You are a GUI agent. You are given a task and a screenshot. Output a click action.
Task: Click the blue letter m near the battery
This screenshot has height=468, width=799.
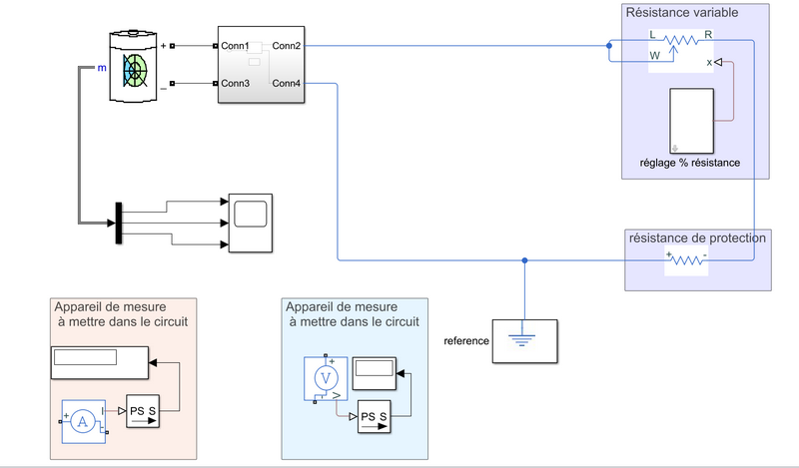101,69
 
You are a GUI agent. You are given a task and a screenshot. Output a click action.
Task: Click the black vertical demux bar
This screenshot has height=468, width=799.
118,222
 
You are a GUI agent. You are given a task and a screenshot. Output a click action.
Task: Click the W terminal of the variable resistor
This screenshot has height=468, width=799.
655,57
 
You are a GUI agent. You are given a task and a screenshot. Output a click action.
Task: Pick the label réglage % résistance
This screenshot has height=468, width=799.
690,163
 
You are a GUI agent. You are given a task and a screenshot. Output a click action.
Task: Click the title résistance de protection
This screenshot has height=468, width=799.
697,237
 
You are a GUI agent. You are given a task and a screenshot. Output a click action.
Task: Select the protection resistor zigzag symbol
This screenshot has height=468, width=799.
686,259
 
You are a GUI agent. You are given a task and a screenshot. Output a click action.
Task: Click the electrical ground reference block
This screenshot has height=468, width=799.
525,340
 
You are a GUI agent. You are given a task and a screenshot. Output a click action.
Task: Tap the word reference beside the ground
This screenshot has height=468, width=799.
465,340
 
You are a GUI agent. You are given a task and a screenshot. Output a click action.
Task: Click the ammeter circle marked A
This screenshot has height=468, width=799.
84,422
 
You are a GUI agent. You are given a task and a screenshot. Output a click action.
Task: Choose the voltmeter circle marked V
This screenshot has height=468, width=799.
324,377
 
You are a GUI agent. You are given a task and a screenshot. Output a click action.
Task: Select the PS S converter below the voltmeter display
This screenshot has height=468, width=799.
375,416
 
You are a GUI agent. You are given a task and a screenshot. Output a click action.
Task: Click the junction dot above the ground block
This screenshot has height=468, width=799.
525,261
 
